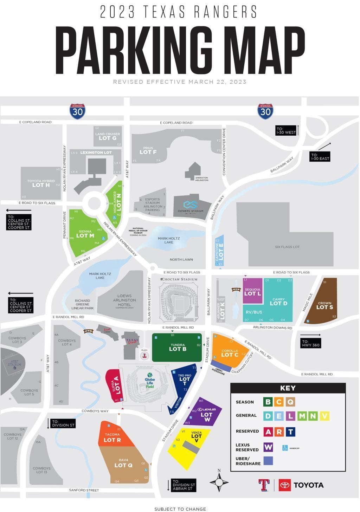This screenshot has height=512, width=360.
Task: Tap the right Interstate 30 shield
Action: click(265, 111)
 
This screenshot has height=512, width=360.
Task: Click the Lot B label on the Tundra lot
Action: click(178, 349)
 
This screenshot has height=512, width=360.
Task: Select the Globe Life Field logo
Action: click(150, 380)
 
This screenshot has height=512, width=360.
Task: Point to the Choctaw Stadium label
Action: click(179, 279)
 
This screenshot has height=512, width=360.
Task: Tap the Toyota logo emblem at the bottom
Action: click(284, 485)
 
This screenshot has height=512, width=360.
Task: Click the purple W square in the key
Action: click(268, 447)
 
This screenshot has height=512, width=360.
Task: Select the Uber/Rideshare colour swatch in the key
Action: click(268, 461)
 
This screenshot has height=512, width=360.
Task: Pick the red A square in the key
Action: click(268, 432)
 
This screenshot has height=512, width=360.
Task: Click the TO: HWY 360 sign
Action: click(311, 343)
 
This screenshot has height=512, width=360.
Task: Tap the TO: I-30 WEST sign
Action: click(286, 130)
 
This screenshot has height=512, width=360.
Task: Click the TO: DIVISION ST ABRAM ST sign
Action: click(182, 485)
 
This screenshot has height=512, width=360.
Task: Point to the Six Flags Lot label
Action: click(287, 247)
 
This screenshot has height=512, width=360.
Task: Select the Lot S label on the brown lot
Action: click(324, 307)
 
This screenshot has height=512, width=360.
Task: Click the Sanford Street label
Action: click(84, 490)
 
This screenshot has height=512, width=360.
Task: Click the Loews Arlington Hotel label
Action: click(124, 300)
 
